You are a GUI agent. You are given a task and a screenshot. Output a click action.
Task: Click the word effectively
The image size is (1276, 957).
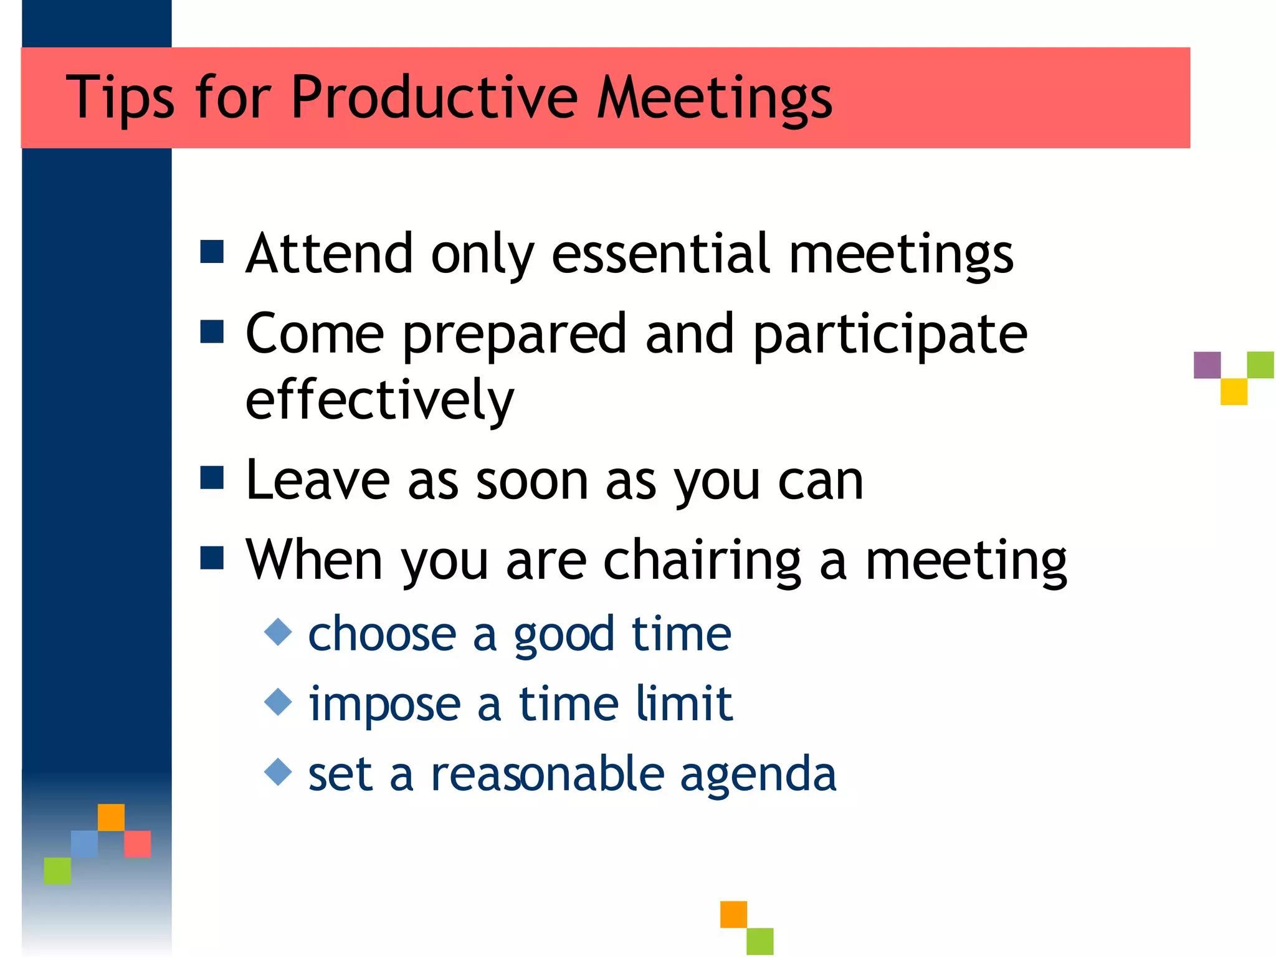[379, 400]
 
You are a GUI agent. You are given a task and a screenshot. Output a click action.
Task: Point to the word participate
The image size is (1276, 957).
[890, 335]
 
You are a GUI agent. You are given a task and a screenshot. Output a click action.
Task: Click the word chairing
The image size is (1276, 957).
[702, 561]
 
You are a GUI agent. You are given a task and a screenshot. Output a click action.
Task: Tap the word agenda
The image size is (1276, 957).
[758, 774]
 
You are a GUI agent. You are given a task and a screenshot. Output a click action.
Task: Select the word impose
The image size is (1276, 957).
[384, 705]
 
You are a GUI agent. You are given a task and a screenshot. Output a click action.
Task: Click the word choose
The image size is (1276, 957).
[383, 634]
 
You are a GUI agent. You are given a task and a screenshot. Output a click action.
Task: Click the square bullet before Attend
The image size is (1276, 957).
[212, 252]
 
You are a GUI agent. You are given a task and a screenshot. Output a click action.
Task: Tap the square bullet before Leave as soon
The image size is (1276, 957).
[212, 478]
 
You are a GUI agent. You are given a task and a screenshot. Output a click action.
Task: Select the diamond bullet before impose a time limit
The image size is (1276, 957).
[278, 702]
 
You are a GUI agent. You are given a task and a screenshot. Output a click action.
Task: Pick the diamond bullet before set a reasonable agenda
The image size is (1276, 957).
[278, 772]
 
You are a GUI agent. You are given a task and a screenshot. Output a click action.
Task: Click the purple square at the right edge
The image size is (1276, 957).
[1207, 365]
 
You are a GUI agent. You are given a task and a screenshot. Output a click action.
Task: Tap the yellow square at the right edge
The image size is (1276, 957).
[1234, 392]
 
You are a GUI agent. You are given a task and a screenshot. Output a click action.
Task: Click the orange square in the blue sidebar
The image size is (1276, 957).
[111, 817]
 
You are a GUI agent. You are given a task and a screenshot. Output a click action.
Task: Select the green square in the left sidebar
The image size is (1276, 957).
[57, 870]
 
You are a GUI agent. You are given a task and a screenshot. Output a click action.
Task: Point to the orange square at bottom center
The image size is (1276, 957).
[733, 914]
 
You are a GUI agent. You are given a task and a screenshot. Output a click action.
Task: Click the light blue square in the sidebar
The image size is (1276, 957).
[84, 844]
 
